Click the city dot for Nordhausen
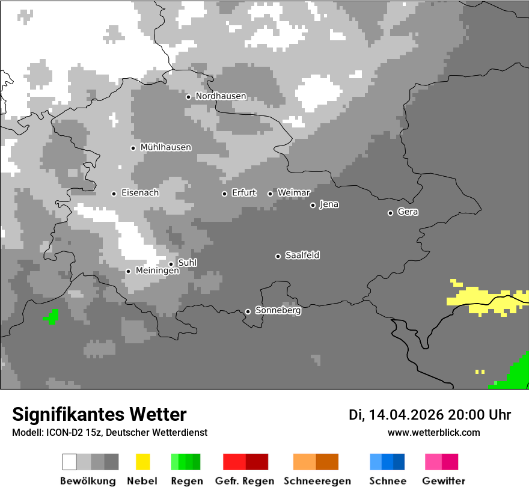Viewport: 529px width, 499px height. coord(188,97)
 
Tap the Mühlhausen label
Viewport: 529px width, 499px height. coord(165,147)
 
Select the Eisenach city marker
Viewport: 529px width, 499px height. coord(114,194)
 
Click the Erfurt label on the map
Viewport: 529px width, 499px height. coord(243,193)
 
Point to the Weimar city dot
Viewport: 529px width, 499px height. coord(270,194)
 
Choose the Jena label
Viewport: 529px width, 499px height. coord(329,204)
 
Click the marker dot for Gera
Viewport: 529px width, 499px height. coord(390,213)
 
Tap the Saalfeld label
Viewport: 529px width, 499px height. coord(302,256)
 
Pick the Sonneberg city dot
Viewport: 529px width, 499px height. coord(248,311)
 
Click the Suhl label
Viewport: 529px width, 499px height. coord(187,263)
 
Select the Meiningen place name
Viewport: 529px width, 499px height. coord(157,271)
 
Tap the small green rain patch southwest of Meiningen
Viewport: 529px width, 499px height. coord(52,316)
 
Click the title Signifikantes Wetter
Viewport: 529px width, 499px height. coord(99,414)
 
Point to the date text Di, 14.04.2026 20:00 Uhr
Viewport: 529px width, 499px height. coord(430,415)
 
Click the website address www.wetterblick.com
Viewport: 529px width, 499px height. coord(433,432)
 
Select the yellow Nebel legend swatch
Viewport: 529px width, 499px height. coord(142,462)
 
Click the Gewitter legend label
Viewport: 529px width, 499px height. coord(443,481)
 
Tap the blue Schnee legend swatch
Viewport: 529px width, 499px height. coord(387,462)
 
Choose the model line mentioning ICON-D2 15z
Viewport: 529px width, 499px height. coord(109,432)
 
